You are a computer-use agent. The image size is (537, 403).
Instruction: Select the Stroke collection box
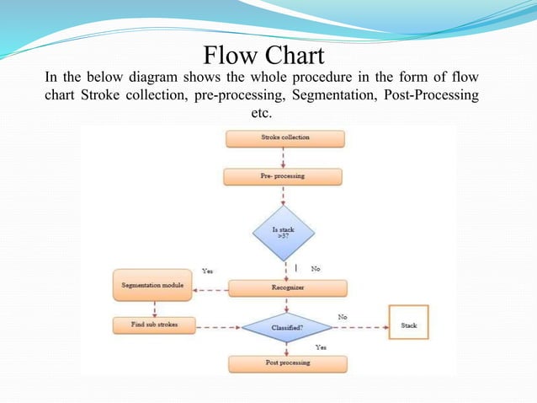pyautogui.click(x=284, y=137)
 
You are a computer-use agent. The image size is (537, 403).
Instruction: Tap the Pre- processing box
pyautogui.click(x=283, y=176)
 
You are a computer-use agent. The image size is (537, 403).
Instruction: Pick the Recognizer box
pyautogui.click(x=287, y=287)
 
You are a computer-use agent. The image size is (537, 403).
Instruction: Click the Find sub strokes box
pyautogui.click(x=152, y=325)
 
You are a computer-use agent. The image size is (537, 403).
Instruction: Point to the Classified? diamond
pyautogui.click(x=286, y=325)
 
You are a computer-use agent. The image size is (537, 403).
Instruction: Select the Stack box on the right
pyautogui.click(x=408, y=325)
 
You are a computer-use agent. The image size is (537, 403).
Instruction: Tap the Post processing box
pyautogui.click(x=286, y=363)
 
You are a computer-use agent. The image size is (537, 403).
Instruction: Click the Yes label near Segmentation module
pyautogui.click(x=208, y=271)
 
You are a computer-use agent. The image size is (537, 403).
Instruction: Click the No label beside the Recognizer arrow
pyautogui.click(x=315, y=269)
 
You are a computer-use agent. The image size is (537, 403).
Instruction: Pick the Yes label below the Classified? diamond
pyautogui.click(x=320, y=347)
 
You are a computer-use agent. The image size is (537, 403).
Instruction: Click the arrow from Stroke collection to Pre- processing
pyautogui.click(x=284, y=157)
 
